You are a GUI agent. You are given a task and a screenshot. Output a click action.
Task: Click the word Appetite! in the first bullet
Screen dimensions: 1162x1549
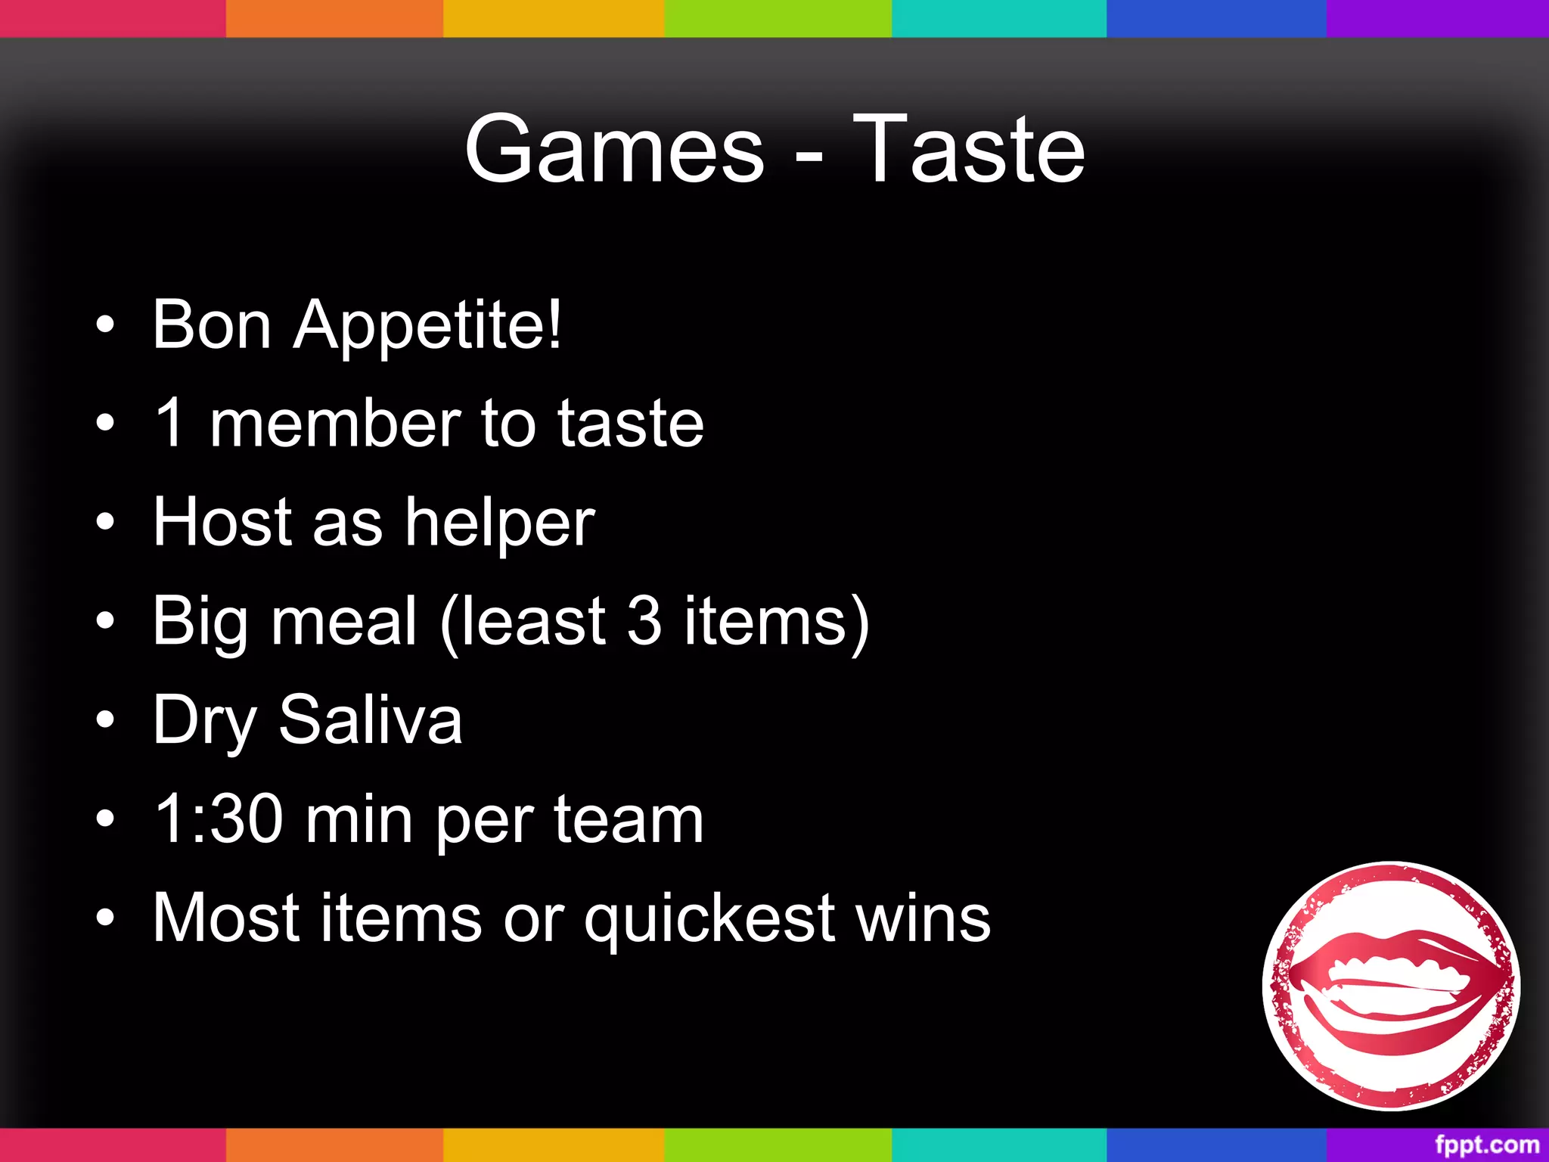(x=427, y=325)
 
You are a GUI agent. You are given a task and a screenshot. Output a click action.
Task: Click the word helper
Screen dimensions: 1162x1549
(x=500, y=523)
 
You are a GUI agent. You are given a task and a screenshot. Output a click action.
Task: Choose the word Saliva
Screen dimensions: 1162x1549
(x=370, y=719)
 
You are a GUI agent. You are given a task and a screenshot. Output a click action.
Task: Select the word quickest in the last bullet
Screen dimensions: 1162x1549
(x=709, y=918)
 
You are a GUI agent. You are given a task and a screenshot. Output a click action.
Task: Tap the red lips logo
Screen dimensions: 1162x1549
(x=1391, y=985)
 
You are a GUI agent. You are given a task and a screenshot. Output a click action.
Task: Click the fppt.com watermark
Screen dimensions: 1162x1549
(x=1486, y=1144)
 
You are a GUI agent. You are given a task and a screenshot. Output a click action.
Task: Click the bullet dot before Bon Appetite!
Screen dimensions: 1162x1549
(x=106, y=326)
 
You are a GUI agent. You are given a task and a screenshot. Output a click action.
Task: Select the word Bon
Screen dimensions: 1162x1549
(x=211, y=325)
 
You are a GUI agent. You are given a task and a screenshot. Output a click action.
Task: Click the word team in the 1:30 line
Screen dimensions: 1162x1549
(x=629, y=819)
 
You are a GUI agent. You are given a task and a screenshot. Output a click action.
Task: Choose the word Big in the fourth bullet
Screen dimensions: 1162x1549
(x=200, y=622)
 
